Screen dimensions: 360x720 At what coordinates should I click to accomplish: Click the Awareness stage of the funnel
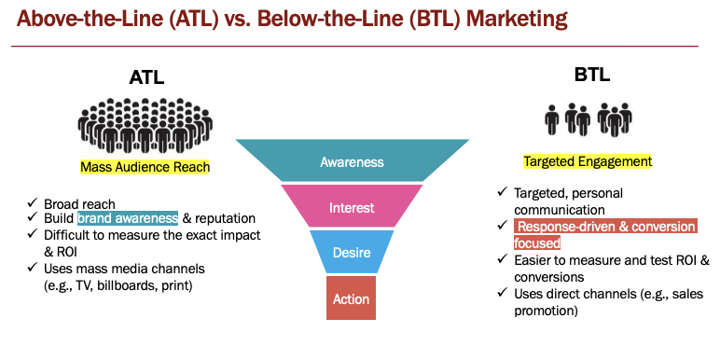tap(352, 161)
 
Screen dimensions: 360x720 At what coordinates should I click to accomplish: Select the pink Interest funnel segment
tap(353, 207)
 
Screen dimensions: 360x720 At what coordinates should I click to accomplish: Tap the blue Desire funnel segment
tap(352, 253)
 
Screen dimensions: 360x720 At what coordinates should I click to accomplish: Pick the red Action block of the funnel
tap(352, 299)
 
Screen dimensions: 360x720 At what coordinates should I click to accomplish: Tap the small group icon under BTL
tap(588, 120)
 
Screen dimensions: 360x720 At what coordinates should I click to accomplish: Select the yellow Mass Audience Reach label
tap(145, 167)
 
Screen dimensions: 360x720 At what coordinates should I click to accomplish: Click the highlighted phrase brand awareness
tap(127, 218)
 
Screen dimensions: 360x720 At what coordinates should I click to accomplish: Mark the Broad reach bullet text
tap(79, 203)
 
